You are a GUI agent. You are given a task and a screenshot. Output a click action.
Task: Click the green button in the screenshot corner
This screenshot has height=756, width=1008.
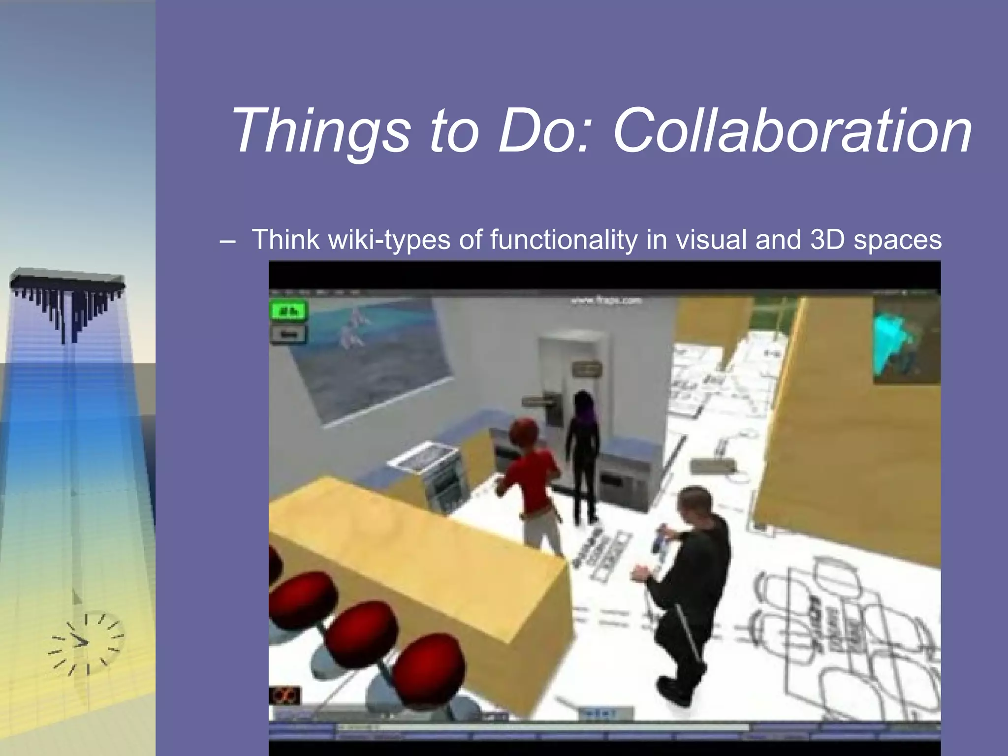(288, 312)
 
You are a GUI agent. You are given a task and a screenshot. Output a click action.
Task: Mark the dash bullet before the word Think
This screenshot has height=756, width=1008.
(227, 241)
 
